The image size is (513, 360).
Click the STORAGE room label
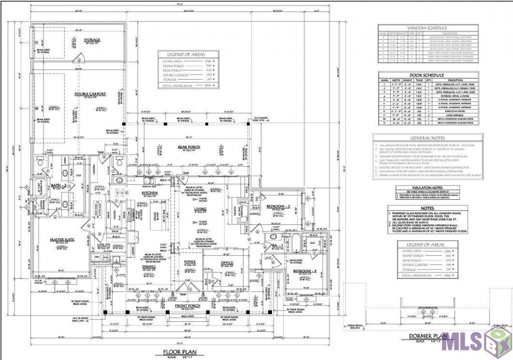tap(92, 40)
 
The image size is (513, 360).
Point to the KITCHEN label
tap(150, 192)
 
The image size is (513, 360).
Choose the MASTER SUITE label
tap(62, 240)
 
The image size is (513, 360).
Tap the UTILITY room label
tap(104, 245)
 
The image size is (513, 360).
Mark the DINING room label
tap(149, 267)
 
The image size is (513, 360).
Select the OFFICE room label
tap(228, 262)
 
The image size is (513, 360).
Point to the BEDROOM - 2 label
tap(279, 206)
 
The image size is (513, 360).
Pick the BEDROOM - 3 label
tap(303, 271)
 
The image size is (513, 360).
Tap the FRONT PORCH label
tap(187, 305)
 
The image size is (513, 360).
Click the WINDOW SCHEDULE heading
tap(427, 28)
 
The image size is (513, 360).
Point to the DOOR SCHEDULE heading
tap(427, 75)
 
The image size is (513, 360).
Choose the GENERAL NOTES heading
tap(427, 137)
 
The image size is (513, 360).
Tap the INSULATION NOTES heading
tap(427, 188)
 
